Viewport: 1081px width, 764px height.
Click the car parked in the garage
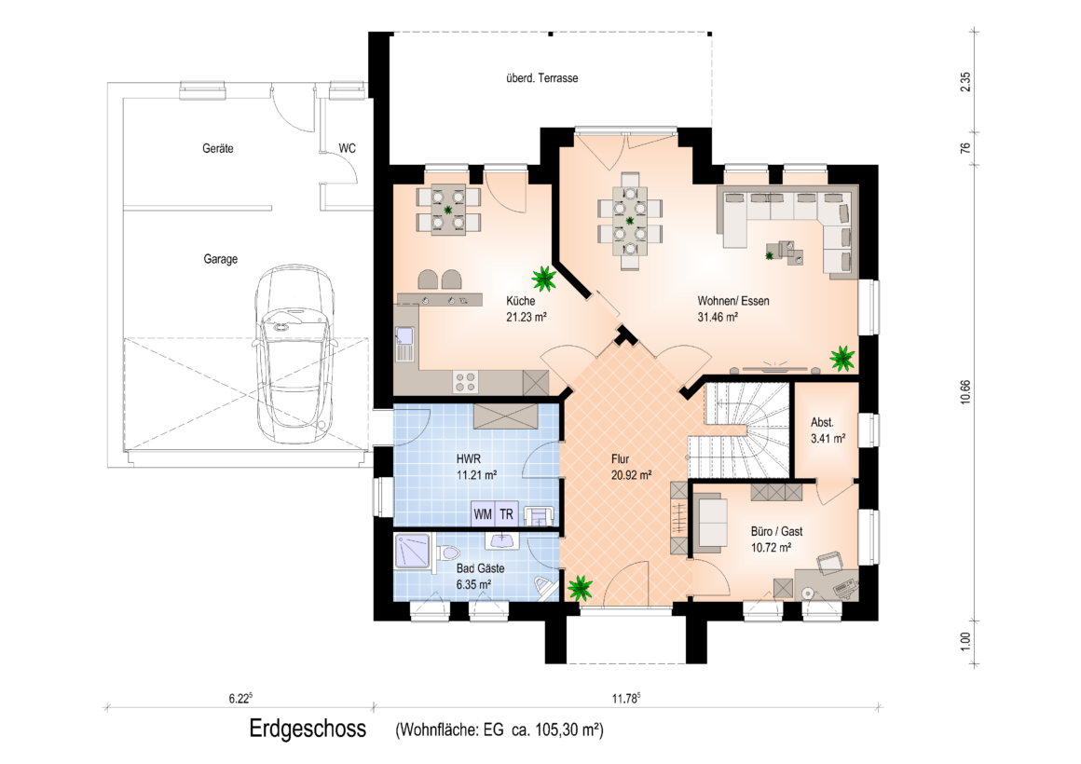tap(293, 352)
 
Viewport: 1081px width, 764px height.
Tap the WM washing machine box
tap(483, 514)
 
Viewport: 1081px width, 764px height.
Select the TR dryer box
tap(507, 514)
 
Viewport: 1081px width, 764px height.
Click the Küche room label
tap(521, 301)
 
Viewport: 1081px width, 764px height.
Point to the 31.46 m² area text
tap(718, 317)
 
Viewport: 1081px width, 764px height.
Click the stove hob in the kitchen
tap(465, 382)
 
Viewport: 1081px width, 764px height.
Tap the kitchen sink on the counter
tap(404, 343)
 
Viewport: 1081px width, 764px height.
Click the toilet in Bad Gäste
tap(448, 553)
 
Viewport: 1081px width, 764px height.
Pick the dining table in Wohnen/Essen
tap(630, 221)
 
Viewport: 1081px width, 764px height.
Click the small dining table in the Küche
tap(449, 209)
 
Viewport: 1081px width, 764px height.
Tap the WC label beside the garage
tap(348, 148)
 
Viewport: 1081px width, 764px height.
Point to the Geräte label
tap(218, 148)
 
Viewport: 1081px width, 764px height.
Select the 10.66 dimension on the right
tap(965, 392)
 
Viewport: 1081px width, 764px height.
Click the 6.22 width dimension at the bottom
tap(239, 699)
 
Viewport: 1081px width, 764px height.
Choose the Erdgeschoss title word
tap(308, 730)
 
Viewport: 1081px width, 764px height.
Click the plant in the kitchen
tap(544, 279)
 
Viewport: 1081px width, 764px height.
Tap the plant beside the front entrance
tap(580, 588)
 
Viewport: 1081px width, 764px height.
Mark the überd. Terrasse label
tap(541, 78)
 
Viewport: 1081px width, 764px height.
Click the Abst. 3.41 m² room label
tap(828, 430)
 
